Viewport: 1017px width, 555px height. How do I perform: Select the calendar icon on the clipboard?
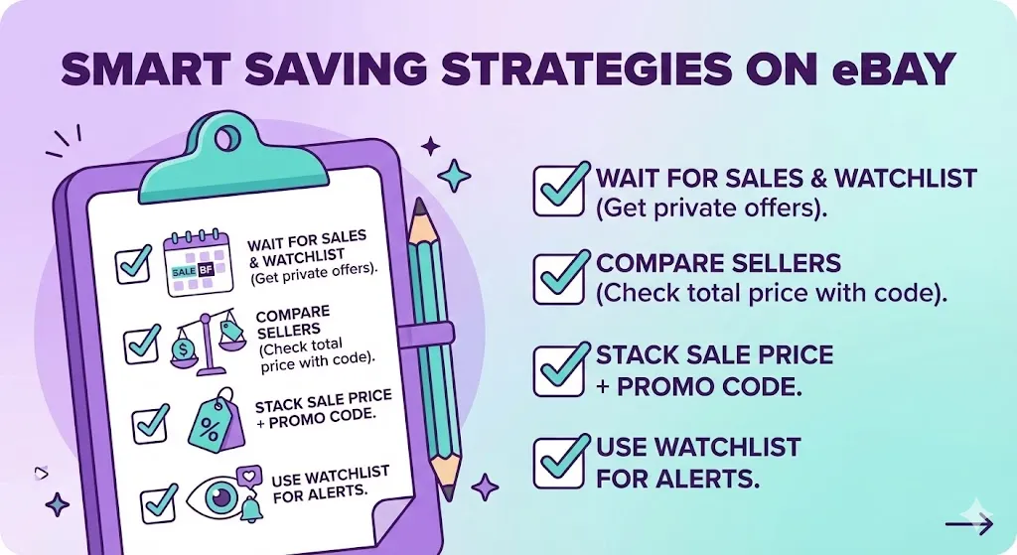click(x=197, y=261)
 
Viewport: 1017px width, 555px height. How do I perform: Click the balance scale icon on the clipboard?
click(x=207, y=339)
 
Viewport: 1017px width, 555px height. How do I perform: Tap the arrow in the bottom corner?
click(x=967, y=524)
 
